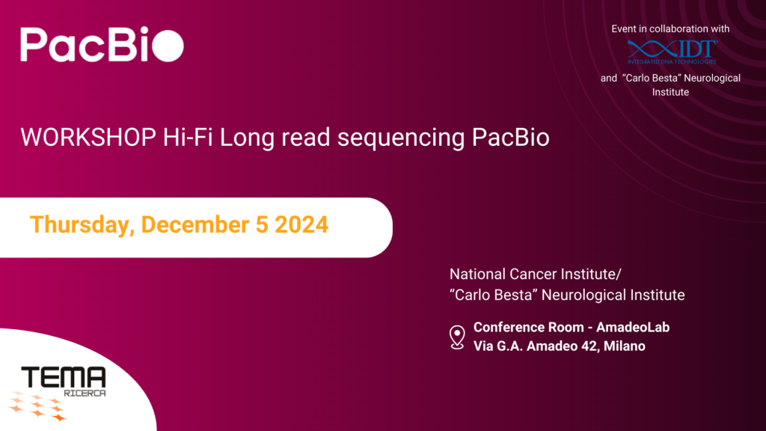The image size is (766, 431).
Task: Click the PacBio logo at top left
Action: pos(101,45)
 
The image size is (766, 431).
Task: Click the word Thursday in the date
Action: pos(79,224)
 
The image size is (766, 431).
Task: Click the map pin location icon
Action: pos(456,337)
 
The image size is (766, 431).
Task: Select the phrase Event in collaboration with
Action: pos(670,29)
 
